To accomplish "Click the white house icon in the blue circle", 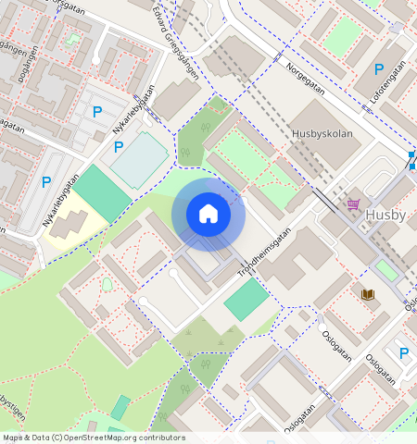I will tap(208, 214).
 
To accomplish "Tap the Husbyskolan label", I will tap(322, 133).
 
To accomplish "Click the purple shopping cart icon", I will tap(353, 204).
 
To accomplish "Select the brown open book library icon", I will tap(367, 294).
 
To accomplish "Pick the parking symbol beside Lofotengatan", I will tap(378, 69).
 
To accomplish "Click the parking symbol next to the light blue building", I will tap(118, 146).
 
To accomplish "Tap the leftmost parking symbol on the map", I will tap(45, 182).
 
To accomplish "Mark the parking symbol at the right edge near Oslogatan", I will tap(403, 352).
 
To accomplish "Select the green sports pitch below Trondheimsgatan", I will tap(246, 301).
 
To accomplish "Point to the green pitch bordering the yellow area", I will tap(103, 193).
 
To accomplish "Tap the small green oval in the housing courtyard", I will tap(107, 284).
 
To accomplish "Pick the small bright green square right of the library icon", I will tap(385, 269).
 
